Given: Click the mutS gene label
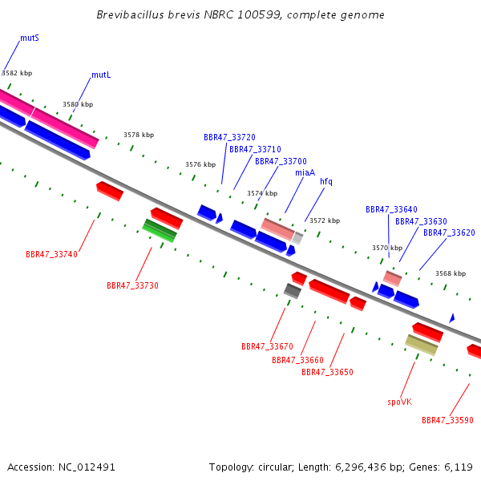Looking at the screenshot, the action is coord(30,38).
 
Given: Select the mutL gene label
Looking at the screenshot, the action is coord(101,75).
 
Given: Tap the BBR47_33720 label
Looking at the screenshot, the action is coord(229,137).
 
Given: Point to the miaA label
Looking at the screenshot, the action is coord(305,172).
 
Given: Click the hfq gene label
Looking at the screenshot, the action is coord(326,182).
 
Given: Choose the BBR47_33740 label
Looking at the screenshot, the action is coord(51,255).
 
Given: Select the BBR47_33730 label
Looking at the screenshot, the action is coord(132,286).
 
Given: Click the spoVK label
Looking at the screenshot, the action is coord(400,402).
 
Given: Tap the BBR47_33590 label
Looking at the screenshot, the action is coord(447,420).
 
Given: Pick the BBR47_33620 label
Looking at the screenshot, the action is coord(449,232).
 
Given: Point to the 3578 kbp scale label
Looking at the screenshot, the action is coord(139,135).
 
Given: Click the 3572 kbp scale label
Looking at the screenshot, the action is coord(325,221).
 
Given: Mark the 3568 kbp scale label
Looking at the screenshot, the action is coord(451,273).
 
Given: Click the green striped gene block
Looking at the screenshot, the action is coord(160,231).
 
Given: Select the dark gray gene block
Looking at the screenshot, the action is coord(293,291).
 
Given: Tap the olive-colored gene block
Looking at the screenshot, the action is coord(422,345).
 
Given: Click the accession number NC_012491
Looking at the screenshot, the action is coord(87,467).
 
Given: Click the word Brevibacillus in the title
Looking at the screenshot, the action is coord(131,14).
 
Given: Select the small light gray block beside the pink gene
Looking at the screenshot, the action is coord(297,238).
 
